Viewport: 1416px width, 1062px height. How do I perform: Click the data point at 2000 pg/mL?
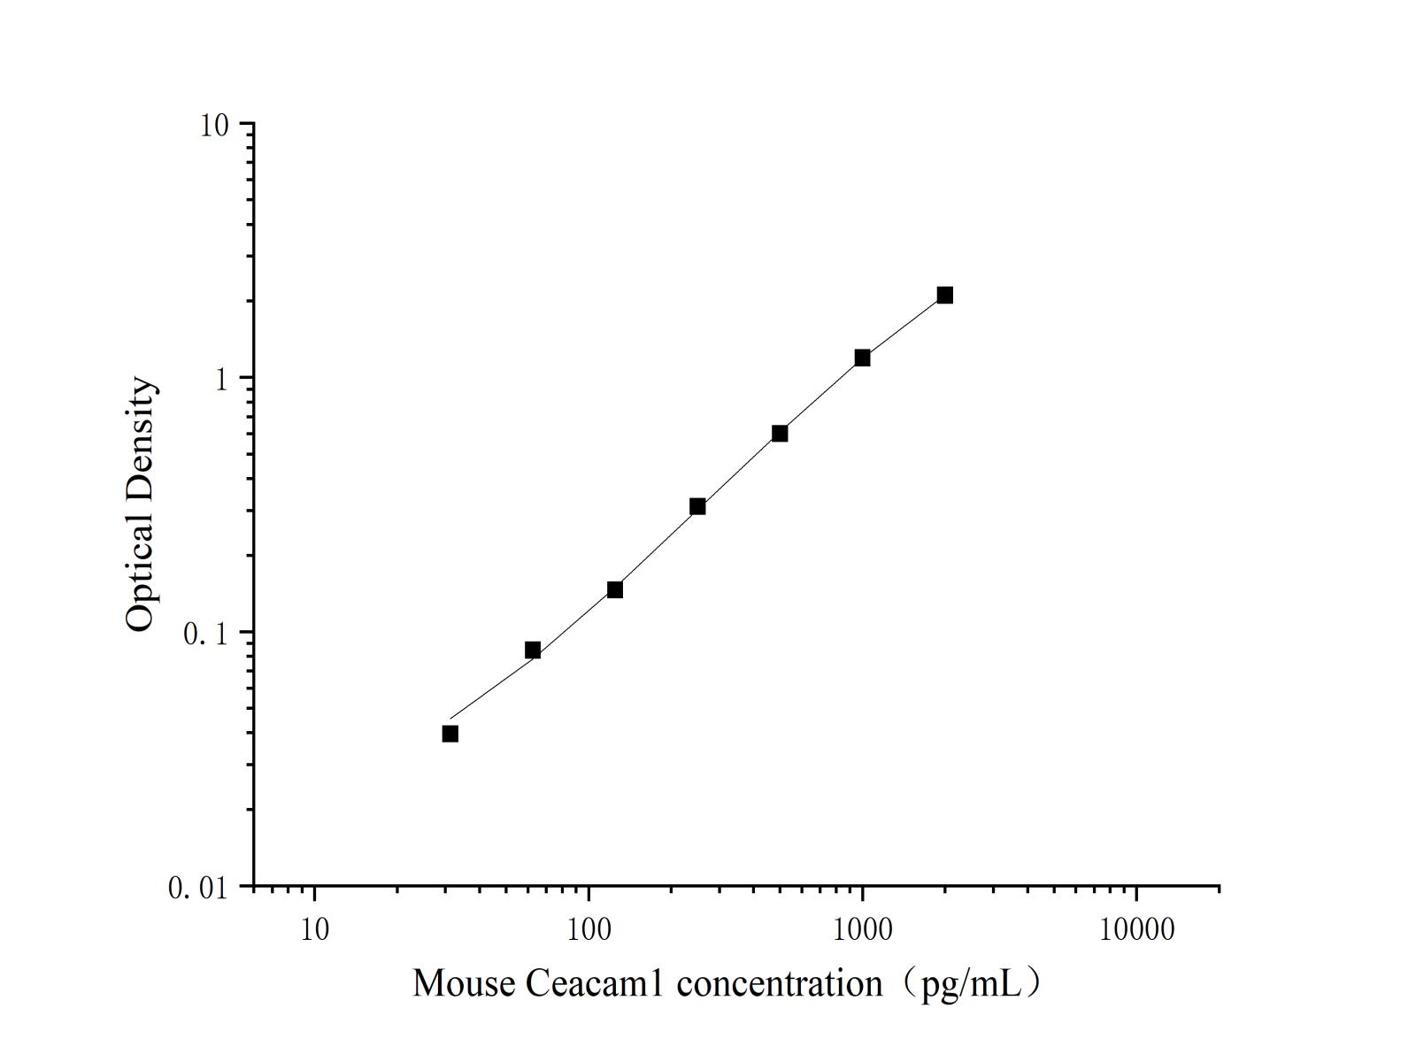point(944,295)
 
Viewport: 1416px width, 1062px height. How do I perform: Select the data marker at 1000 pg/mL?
point(862,358)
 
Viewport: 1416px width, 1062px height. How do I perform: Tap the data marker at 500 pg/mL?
point(780,433)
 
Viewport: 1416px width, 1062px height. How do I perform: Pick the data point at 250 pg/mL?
point(697,506)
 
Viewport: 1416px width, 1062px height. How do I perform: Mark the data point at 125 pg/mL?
point(615,589)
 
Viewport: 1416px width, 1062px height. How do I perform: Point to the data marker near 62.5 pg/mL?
point(533,650)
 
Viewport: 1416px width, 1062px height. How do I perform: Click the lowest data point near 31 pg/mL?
point(450,734)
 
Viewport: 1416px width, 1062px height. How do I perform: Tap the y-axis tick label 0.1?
point(205,634)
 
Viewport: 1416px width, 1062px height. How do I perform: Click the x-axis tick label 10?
point(314,930)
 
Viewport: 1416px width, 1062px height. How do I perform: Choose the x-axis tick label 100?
point(589,930)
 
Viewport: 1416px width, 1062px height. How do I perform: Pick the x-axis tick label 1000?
point(862,930)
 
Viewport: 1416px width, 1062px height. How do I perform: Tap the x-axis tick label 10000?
point(1136,930)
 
